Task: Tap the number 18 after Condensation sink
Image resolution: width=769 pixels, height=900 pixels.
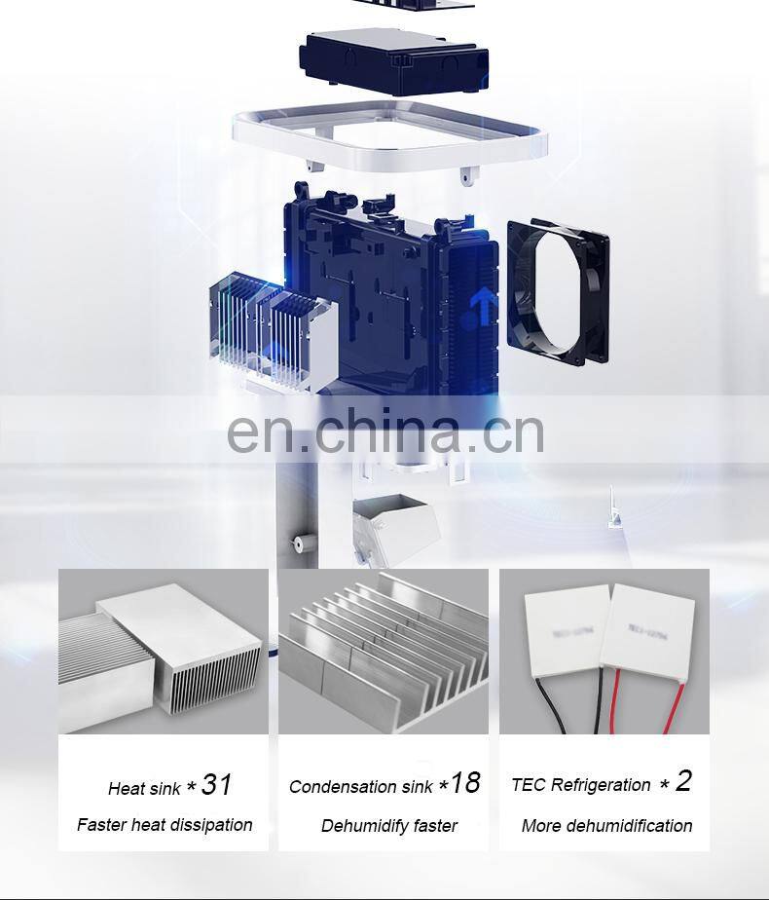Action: point(465,783)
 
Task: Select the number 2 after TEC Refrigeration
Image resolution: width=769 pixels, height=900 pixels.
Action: point(683,781)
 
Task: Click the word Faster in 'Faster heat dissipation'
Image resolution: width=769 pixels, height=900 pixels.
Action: point(102,825)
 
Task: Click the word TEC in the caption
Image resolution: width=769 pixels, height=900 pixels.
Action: point(529,785)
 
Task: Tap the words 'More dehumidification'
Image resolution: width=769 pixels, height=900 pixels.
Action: point(606,826)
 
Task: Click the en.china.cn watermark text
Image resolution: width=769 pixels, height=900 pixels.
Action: point(385,432)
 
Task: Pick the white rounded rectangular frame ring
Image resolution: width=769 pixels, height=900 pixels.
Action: point(389,136)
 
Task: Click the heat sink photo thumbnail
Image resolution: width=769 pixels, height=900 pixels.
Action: point(163,651)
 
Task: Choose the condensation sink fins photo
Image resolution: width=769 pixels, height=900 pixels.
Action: point(384,651)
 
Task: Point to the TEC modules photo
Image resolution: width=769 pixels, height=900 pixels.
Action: point(604,651)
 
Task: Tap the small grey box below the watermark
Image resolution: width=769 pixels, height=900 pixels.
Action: point(394,526)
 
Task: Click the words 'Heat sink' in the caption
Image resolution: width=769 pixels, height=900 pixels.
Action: point(144,789)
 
